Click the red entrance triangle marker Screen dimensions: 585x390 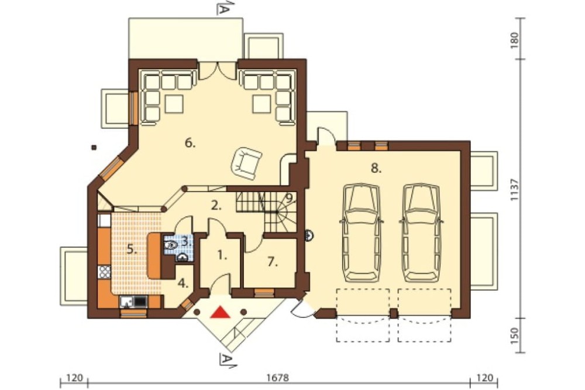[x=220, y=312]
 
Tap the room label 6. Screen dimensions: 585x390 [x=190, y=143]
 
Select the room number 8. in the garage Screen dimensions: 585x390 [x=376, y=169]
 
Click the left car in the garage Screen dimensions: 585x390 [x=361, y=232]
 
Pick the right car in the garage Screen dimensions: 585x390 [x=421, y=232]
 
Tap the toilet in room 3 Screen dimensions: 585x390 [x=170, y=245]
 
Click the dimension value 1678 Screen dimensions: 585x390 [x=278, y=378]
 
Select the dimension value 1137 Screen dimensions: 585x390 [x=515, y=190]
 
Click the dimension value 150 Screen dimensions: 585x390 [x=515, y=336]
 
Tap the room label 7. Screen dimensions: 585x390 [x=273, y=262]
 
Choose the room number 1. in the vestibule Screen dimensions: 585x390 [x=222, y=255]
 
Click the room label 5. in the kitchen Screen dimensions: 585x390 [x=131, y=249]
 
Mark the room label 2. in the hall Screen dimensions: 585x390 [x=216, y=205]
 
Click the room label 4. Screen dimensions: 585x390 [x=183, y=283]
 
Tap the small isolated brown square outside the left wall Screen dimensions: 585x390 [x=94, y=147]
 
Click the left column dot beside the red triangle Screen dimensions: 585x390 [x=197, y=312]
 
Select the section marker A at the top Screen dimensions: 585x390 [x=223, y=9]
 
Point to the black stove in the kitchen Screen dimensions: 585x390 [x=140, y=301]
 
